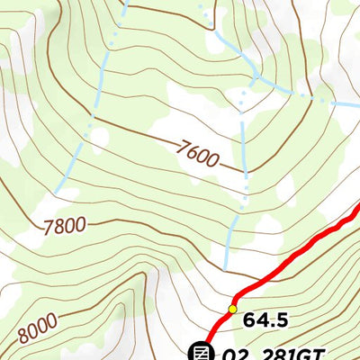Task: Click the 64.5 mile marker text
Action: pyautogui.click(x=265, y=319)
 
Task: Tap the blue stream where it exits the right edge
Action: pyautogui.click(x=356, y=106)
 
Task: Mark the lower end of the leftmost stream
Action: pyautogui.click(x=58, y=193)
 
